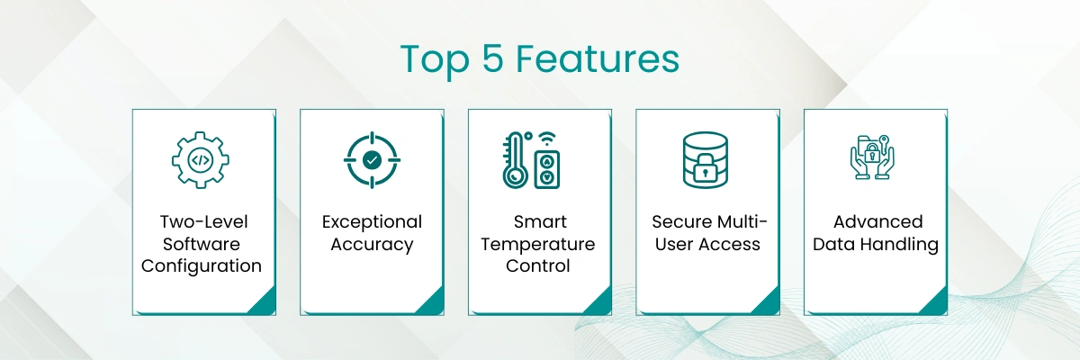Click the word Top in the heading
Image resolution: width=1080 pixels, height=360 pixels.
coord(435,59)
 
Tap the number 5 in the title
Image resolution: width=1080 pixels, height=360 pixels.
coord(493,58)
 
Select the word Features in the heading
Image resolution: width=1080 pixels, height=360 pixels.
coord(598,58)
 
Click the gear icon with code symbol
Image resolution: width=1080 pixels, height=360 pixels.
coord(201,160)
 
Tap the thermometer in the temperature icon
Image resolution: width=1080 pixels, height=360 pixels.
coord(514,160)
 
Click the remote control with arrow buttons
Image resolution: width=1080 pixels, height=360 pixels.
coord(547,170)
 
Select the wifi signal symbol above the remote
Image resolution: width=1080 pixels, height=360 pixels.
coord(547,139)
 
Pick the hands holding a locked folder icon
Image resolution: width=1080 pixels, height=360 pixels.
coord(872,157)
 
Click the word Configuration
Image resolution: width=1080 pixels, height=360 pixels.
coord(202,266)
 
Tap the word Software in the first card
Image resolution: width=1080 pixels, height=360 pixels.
coord(202,244)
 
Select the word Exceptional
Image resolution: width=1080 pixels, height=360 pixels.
coord(372,222)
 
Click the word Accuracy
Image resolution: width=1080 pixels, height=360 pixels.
coord(372,244)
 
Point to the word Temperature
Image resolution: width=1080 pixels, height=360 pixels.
coord(538,244)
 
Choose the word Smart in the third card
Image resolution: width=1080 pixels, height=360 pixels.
coord(540,221)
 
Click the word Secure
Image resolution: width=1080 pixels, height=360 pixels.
coord(679,221)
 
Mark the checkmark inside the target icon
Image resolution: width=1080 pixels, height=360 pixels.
coord(372,160)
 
